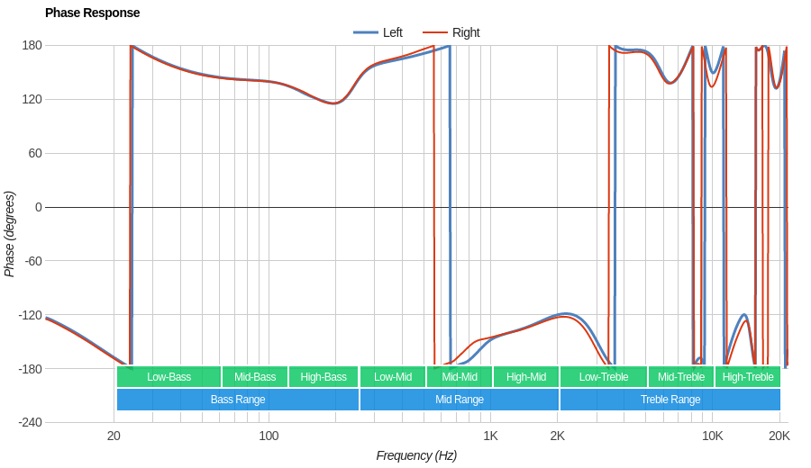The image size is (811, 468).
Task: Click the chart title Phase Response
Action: (92, 13)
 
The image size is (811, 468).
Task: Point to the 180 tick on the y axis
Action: (32, 45)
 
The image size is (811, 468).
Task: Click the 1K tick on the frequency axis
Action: (490, 436)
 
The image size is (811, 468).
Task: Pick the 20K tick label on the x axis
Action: (779, 436)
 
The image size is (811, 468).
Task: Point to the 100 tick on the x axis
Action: (269, 436)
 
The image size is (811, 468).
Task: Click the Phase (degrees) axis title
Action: (10, 234)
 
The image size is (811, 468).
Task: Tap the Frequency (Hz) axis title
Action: (416, 455)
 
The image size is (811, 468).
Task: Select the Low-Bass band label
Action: (169, 376)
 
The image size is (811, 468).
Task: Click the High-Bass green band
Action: (323, 376)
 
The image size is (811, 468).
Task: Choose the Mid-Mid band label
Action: (460, 376)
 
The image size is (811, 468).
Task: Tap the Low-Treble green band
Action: (604, 376)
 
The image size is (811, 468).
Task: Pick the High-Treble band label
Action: (748, 376)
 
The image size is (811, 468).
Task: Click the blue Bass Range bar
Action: (238, 400)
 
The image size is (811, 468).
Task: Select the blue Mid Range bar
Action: (460, 400)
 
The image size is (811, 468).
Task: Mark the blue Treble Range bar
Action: (670, 400)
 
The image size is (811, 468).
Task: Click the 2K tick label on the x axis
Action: (558, 436)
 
